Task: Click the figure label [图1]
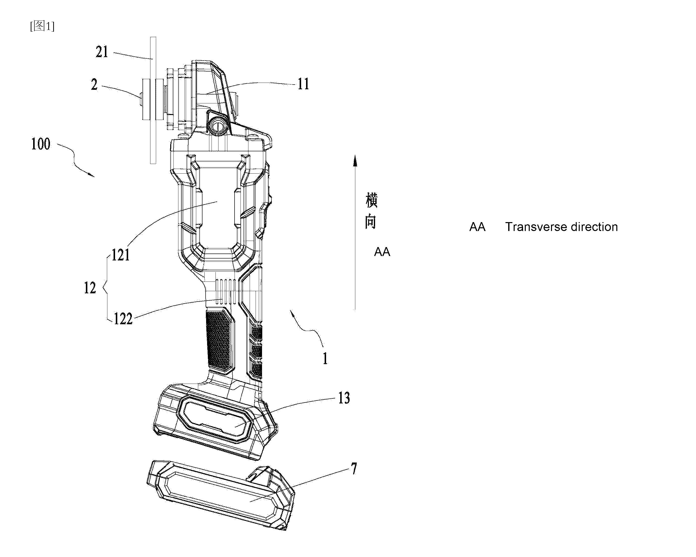[x=42, y=26]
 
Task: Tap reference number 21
[x=102, y=52]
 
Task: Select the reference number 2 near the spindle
[x=94, y=85]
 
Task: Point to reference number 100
[x=41, y=144]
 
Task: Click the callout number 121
[x=121, y=255]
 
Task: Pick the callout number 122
[x=123, y=319]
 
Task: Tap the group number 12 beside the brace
[x=90, y=288]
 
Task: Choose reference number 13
[x=344, y=398]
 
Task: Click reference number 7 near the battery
[x=354, y=468]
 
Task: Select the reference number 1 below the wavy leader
[x=325, y=359]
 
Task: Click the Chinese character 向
[x=371, y=222]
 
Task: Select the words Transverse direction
[x=561, y=227]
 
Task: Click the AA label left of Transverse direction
[x=478, y=227]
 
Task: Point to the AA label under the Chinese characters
[x=382, y=252]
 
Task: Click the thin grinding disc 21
[x=153, y=100]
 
